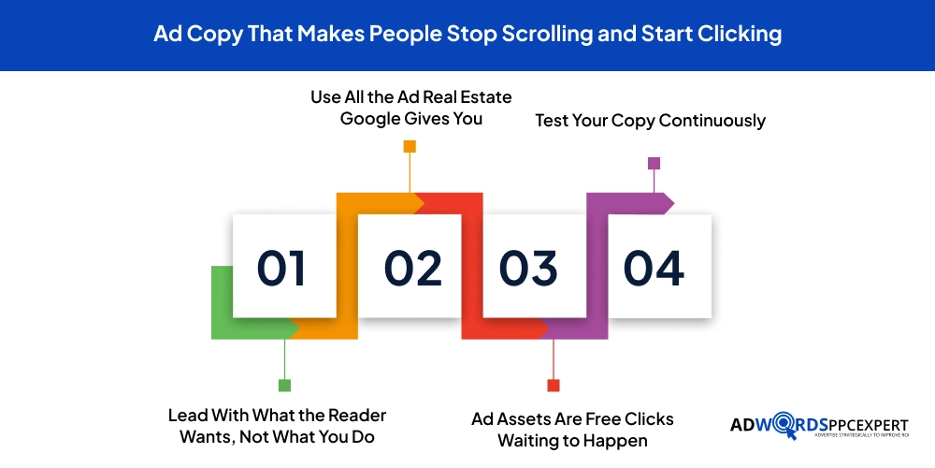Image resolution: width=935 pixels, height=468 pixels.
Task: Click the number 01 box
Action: [x=284, y=266]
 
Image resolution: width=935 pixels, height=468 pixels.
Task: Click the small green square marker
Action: [x=284, y=386]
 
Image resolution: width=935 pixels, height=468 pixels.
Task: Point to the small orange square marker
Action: [x=410, y=146]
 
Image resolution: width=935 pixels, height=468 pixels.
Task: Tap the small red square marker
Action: [x=554, y=386]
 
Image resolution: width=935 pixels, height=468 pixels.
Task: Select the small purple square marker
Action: [x=654, y=163]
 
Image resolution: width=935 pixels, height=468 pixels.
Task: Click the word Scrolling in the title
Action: [x=547, y=35]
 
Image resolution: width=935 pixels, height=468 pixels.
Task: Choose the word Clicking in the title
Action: [x=740, y=35]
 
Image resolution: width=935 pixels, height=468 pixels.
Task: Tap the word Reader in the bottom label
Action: [x=358, y=415]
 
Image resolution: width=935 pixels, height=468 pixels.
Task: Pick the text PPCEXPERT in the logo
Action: [x=869, y=425]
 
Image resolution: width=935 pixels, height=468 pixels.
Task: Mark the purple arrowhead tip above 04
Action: [x=674, y=203]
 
